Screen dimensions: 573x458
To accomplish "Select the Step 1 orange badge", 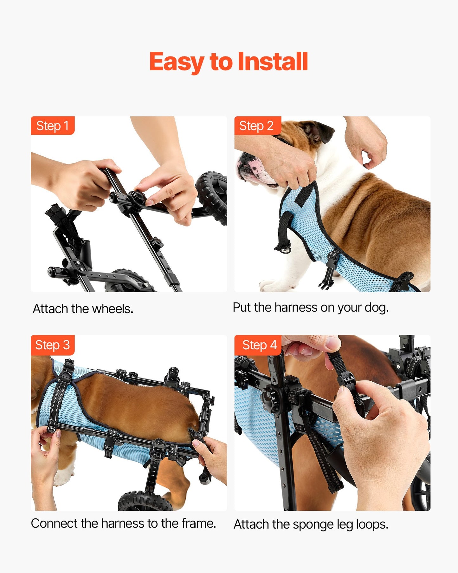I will coord(53,126).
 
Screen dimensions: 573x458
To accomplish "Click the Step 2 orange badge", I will coord(256,126).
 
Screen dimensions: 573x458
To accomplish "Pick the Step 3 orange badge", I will coord(53,345).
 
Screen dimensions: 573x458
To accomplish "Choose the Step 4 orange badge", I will coord(259,345).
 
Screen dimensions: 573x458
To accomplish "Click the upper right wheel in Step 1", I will coord(212,197).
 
